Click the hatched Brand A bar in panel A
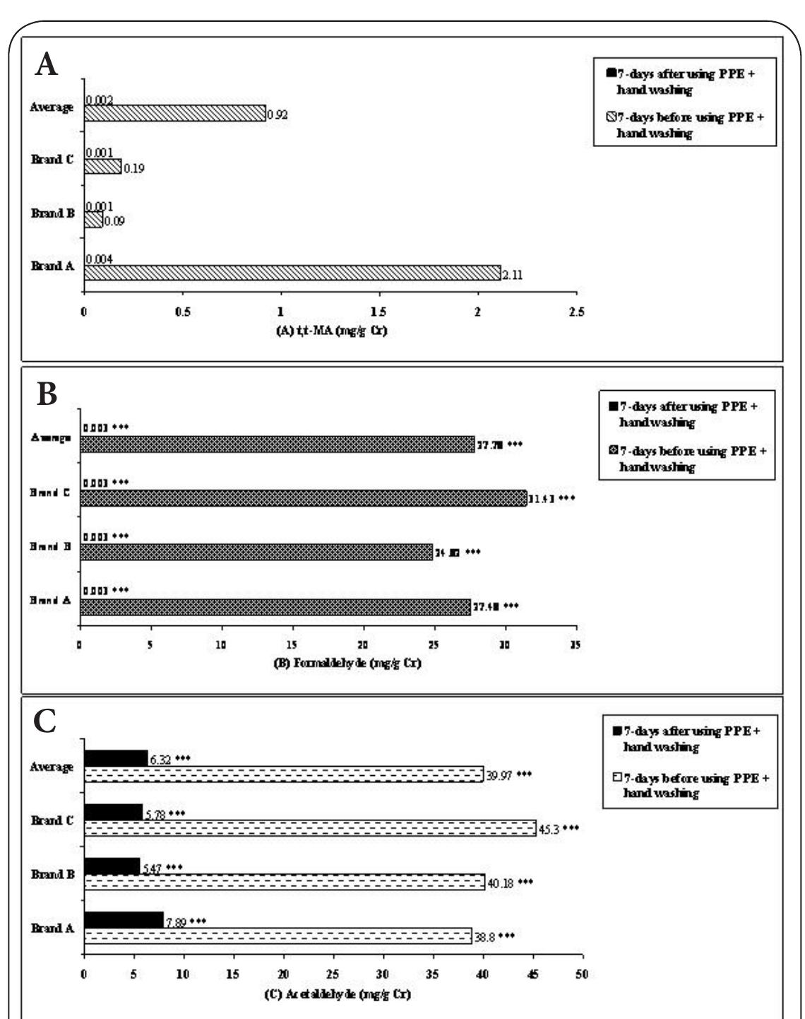click(x=292, y=273)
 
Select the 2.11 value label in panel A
click(x=511, y=275)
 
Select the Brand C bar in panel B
click(x=304, y=498)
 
